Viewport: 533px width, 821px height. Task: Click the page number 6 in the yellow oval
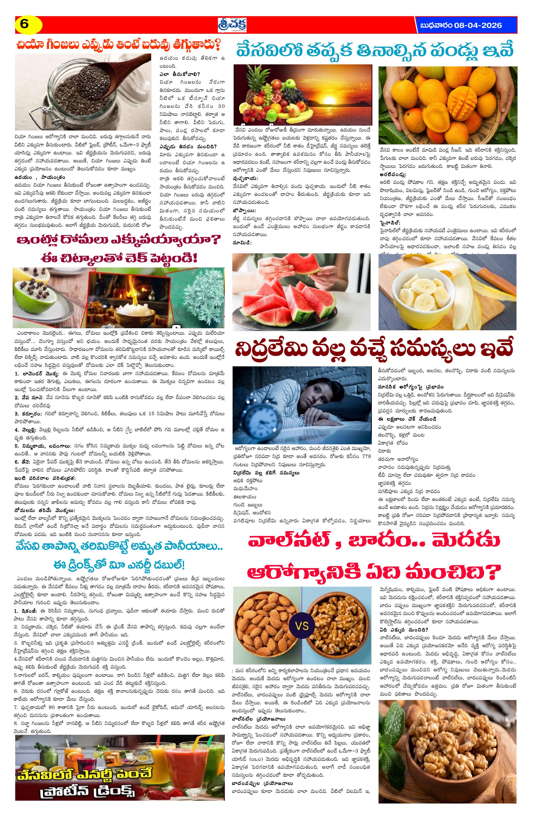tap(24, 24)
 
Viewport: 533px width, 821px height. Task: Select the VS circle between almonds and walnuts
tap(302, 626)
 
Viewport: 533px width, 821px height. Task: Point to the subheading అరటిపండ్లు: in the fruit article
tap(393, 175)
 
